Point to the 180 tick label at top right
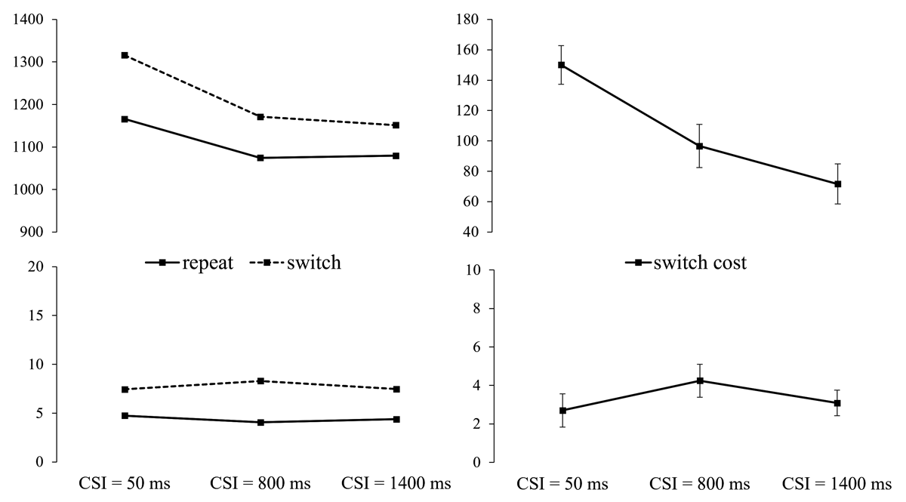(x=471, y=20)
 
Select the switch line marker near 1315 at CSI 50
(x=125, y=55)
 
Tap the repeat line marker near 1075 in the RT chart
(x=260, y=158)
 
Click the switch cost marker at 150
(x=562, y=65)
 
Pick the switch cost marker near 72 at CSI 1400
(x=837, y=184)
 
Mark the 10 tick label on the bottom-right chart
(x=474, y=270)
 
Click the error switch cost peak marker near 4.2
(x=700, y=380)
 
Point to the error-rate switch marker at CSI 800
(x=260, y=381)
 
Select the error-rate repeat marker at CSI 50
(x=125, y=416)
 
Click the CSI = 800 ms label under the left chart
(x=260, y=484)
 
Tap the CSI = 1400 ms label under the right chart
(x=837, y=484)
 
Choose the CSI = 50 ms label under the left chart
(x=125, y=484)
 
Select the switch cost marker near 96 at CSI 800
(x=700, y=146)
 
